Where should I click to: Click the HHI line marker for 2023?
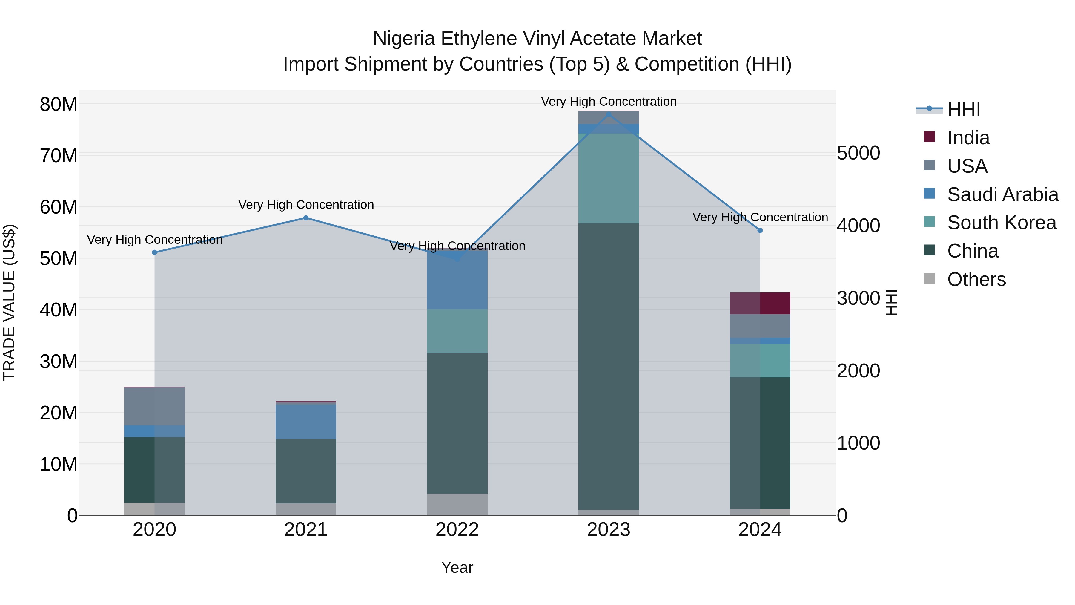[x=609, y=114]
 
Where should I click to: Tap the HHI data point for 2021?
[x=306, y=218]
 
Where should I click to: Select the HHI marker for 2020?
[x=154, y=252]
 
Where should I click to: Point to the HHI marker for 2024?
[x=760, y=230]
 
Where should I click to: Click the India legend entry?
[x=968, y=138]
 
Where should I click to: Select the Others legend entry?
[x=976, y=279]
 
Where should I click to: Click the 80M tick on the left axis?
[x=59, y=104]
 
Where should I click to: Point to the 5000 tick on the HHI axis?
[x=859, y=153]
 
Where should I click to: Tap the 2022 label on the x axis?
[x=457, y=530]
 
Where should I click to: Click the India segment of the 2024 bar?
[x=760, y=304]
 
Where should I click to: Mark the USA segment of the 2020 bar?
[x=154, y=407]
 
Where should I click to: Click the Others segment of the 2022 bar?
[x=457, y=504]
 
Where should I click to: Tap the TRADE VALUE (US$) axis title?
[x=10, y=302]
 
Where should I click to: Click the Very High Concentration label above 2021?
[x=306, y=205]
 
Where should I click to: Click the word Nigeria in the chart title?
[x=404, y=39]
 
